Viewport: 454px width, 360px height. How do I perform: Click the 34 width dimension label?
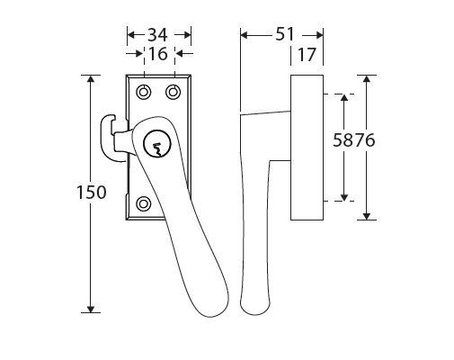tap(157, 35)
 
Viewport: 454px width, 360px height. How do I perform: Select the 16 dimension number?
tap(158, 54)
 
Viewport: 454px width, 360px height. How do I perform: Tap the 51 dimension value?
tap(285, 34)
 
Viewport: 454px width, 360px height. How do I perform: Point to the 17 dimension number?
tap(307, 55)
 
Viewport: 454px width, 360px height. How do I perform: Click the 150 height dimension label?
tap(92, 193)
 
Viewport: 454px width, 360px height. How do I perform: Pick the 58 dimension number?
tap(343, 140)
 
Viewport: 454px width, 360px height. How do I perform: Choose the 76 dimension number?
tap(365, 140)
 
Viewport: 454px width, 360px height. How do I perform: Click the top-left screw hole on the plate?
tap(144, 92)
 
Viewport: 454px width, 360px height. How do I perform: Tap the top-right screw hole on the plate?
tap(174, 92)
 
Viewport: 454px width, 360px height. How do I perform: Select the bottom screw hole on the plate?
tap(144, 204)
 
